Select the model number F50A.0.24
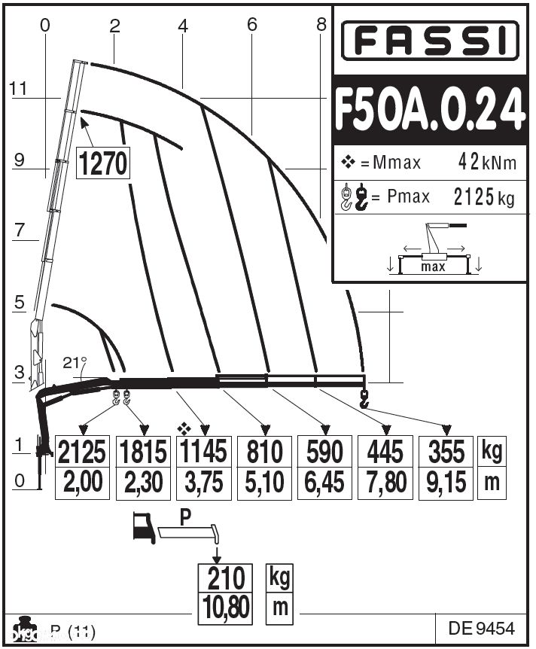pyautogui.click(x=430, y=111)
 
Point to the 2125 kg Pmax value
pyautogui.click(x=484, y=197)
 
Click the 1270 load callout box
pyautogui.click(x=103, y=163)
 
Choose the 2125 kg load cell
pyautogui.click(x=83, y=451)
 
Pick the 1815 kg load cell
pyautogui.click(x=143, y=451)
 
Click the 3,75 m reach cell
pyautogui.click(x=203, y=482)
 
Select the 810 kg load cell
pyautogui.click(x=264, y=451)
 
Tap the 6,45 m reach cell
pyautogui.click(x=325, y=482)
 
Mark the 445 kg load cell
pyautogui.click(x=385, y=451)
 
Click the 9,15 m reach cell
pyautogui.click(x=446, y=482)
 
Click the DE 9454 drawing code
pyautogui.click(x=481, y=628)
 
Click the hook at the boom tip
pyautogui.click(x=365, y=398)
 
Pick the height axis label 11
pyautogui.click(x=19, y=90)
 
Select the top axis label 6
pyautogui.click(x=251, y=25)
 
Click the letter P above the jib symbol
pyautogui.click(x=186, y=517)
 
